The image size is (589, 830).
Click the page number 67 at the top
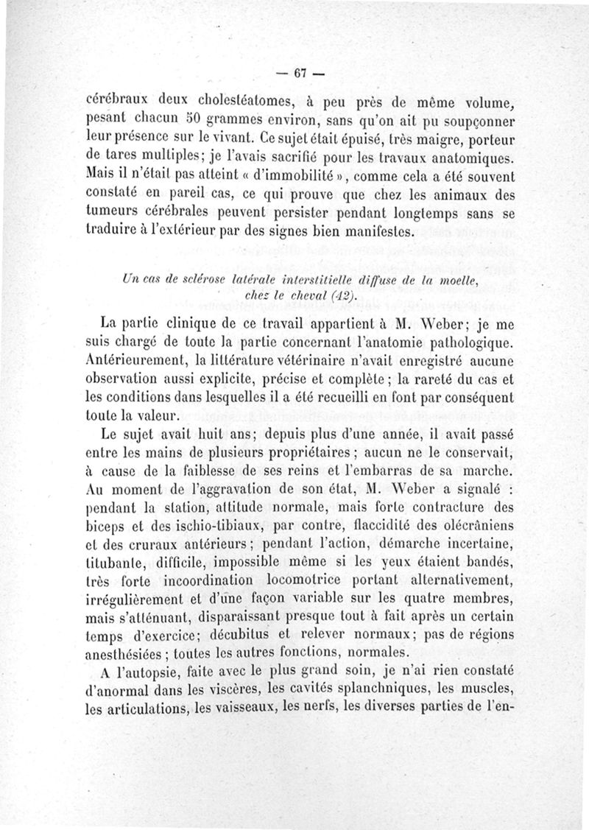299,74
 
